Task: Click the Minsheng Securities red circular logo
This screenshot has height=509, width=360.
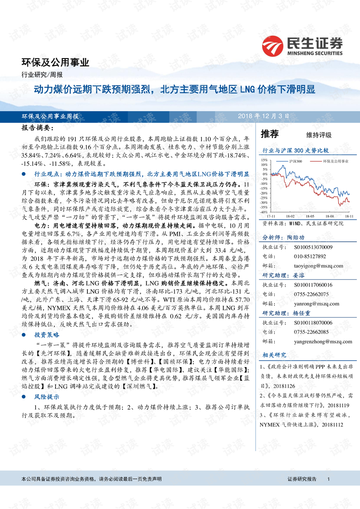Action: point(273,46)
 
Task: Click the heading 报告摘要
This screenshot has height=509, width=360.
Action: point(38,128)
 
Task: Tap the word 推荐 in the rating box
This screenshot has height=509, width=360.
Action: point(270,134)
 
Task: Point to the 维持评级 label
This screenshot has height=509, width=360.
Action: point(319,135)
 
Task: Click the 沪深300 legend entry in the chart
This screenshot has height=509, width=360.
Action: point(295,161)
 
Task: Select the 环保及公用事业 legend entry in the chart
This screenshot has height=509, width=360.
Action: point(336,161)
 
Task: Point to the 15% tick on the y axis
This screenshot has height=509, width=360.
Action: point(264,160)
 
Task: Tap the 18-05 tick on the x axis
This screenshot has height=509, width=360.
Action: point(310,216)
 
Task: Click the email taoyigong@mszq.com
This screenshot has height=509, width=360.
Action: point(318,266)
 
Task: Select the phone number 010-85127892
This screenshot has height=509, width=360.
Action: point(310,257)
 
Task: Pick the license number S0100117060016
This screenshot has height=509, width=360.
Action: point(313,285)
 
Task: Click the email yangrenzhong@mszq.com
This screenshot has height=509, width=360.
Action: point(323,342)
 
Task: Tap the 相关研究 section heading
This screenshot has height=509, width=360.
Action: point(274,355)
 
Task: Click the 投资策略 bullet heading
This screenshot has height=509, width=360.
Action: point(47,335)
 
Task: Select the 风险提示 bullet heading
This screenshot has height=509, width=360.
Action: point(47,397)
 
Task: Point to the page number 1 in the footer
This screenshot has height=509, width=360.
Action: point(328,479)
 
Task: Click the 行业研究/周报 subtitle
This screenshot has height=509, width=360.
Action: point(42,75)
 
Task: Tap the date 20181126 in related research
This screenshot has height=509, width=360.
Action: point(284,386)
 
